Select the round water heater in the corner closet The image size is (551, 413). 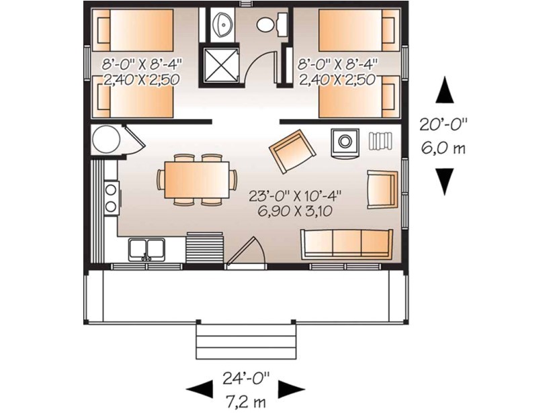105,140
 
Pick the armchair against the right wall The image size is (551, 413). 381,189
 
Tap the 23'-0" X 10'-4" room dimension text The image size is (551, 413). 295,195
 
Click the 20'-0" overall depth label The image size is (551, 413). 444,125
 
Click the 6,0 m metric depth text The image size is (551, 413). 444,146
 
